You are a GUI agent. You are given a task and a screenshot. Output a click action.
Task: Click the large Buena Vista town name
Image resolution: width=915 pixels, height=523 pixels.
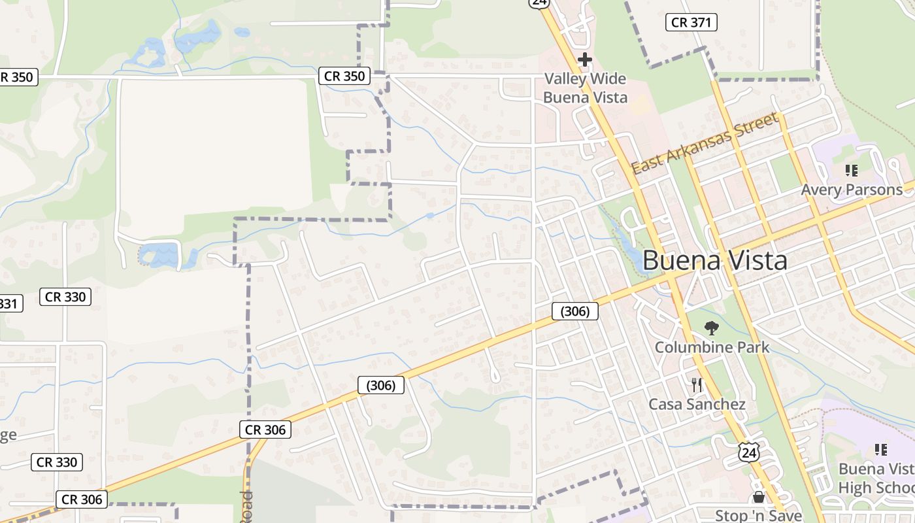714,261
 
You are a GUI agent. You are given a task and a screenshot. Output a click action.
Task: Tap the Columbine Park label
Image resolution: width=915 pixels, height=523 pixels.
712,347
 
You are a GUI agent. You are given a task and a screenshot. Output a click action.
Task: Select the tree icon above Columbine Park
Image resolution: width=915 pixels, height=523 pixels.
712,328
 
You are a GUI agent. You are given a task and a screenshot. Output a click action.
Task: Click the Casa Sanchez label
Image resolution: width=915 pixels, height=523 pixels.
697,405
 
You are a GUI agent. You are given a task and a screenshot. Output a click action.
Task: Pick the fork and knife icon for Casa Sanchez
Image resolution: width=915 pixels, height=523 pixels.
697,385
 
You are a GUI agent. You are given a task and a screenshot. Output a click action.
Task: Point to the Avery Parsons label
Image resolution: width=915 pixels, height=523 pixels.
852,190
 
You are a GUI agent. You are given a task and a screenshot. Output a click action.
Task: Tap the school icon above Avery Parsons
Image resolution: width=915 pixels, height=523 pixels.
851,171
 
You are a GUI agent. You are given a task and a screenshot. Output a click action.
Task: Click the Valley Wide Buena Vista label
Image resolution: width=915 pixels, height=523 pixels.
585,88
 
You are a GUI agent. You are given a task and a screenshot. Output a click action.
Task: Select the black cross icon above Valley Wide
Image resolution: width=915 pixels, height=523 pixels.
584,60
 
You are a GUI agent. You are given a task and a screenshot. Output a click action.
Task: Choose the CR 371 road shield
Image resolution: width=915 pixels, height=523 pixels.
691,22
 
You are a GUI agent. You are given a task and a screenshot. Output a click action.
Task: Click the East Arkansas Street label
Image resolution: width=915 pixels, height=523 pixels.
706,144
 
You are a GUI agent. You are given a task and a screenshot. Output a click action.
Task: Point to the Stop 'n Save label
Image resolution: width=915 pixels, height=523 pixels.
758,516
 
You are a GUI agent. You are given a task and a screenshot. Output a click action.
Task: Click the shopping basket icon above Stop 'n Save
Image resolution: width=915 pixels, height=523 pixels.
758,498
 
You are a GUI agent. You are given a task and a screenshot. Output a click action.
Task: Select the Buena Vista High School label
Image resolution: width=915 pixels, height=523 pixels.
876,479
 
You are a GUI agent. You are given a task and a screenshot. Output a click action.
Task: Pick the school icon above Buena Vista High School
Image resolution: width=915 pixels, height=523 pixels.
880,450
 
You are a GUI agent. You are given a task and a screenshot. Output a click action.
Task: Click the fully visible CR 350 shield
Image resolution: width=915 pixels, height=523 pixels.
344,76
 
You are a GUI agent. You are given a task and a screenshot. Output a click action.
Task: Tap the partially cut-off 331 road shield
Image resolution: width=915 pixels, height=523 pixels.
9,303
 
